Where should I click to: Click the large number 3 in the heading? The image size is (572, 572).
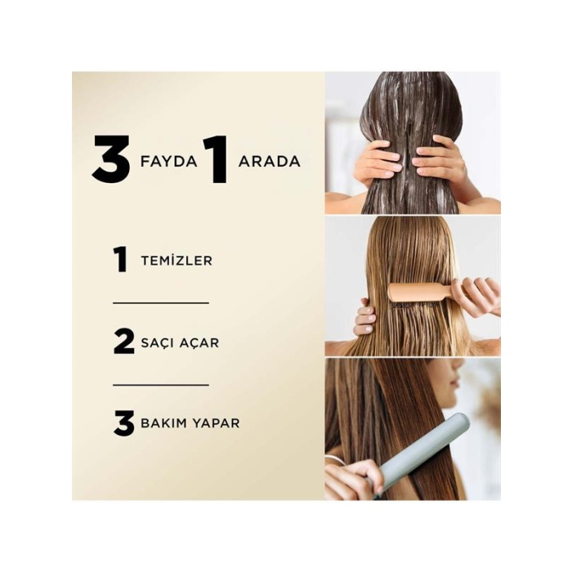tap(111, 160)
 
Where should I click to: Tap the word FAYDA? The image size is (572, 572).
tap(169, 161)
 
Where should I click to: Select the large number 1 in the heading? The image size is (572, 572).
tap(216, 160)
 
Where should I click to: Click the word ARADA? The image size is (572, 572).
tap(269, 161)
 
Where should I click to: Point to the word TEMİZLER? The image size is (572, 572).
tap(177, 261)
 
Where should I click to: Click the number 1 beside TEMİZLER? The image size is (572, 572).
tap(121, 260)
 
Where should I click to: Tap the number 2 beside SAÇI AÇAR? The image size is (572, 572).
tap(123, 342)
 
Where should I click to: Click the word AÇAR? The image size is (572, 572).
tap(199, 342)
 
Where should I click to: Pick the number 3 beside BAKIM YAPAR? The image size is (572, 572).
tap(123, 423)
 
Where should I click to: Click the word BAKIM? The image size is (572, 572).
tap(163, 424)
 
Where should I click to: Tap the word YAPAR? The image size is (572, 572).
tap(215, 424)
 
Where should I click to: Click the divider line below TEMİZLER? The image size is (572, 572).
tap(161, 302)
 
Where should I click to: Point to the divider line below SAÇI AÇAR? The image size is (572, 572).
tap(161, 384)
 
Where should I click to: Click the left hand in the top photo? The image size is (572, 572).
tap(378, 161)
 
